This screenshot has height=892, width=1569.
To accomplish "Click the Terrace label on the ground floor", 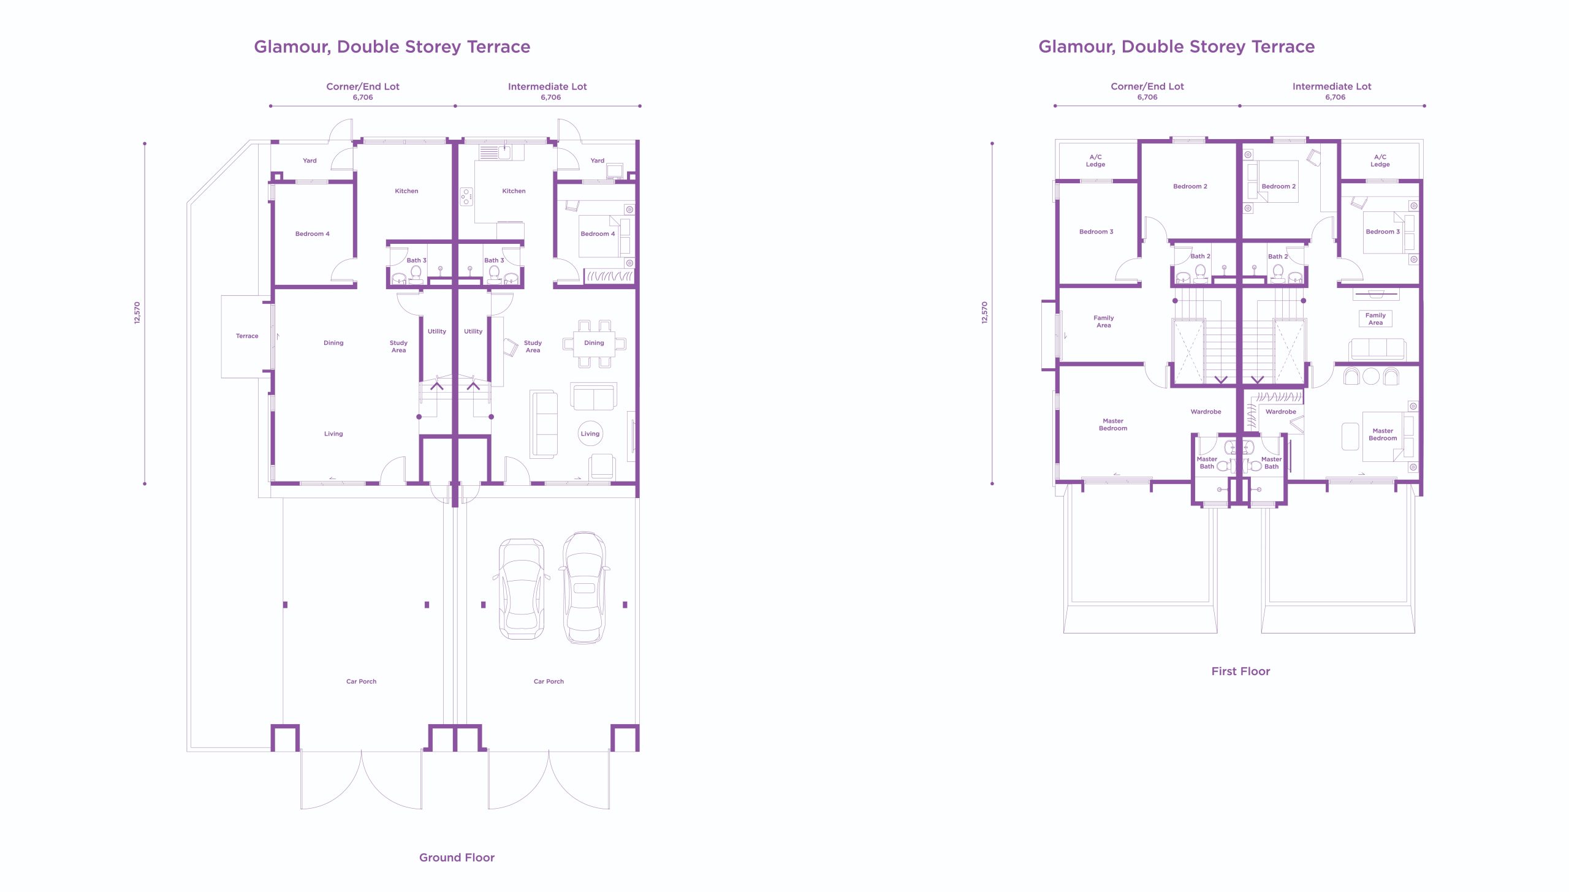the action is click(x=247, y=336).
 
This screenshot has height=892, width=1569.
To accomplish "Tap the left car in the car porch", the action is click(x=521, y=589).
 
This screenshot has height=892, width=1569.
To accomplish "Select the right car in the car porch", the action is click(x=584, y=588).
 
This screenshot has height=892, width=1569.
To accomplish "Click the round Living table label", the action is click(x=590, y=434).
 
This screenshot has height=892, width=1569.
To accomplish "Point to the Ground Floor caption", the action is click(x=457, y=858).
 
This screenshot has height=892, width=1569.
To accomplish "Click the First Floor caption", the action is click(x=1240, y=671).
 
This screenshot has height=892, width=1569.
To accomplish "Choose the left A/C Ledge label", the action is click(x=1096, y=161).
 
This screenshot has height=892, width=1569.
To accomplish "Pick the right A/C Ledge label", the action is click(x=1380, y=161).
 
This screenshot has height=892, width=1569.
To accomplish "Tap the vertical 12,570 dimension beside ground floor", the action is click(x=137, y=312).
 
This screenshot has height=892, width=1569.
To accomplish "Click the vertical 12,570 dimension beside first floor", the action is click(x=985, y=312).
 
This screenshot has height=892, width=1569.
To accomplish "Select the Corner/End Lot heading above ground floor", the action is click(x=363, y=86).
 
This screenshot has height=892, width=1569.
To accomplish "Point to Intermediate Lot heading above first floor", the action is click(x=1332, y=86).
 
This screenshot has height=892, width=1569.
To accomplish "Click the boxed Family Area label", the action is click(x=1375, y=319).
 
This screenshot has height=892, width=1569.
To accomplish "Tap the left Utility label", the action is click(x=437, y=331).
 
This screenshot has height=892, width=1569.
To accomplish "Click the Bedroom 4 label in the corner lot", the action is click(x=313, y=234).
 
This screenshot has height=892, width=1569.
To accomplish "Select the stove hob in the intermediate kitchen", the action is click(x=466, y=197).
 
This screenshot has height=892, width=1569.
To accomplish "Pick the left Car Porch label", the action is click(x=362, y=681).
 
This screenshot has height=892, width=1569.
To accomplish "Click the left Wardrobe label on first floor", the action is click(x=1206, y=412).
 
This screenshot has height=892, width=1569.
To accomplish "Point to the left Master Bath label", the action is click(x=1207, y=463).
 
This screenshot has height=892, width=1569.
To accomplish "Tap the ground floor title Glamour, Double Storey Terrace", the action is click(x=392, y=47).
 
